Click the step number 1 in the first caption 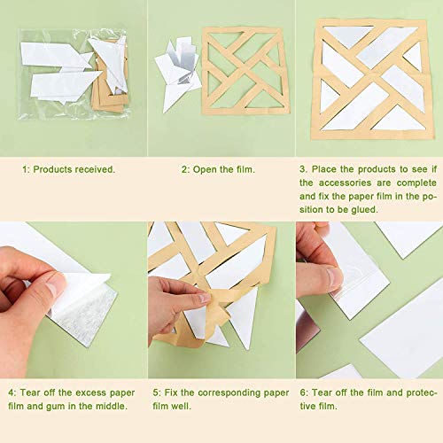[24, 168]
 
